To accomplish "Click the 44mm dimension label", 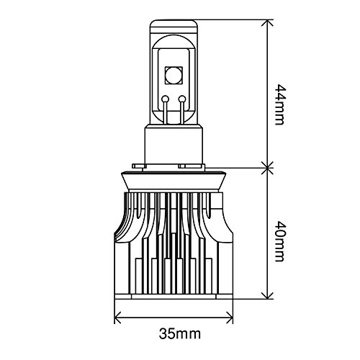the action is [279, 104].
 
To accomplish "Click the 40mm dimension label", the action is [279, 241].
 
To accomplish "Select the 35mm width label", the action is [180, 333].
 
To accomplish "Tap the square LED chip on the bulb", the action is [174, 76].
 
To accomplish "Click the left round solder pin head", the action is [165, 99].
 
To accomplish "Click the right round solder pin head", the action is [182, 99].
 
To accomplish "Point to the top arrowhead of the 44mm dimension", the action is [267, 23].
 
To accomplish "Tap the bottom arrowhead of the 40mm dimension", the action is [267, 295].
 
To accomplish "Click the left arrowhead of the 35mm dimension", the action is [118, 318].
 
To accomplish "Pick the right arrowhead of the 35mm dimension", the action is [230, 318].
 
